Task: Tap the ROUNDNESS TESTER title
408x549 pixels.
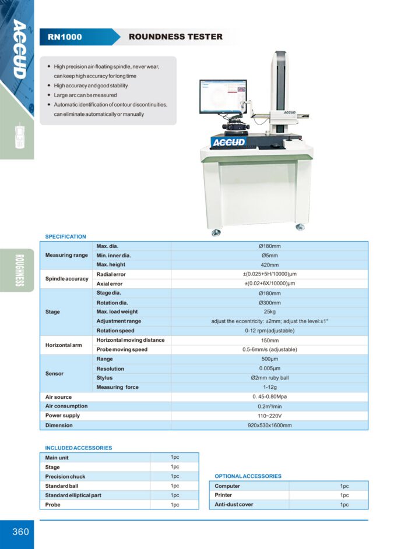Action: (x=175, y=37)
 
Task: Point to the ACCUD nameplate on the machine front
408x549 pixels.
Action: (x=229, y=142)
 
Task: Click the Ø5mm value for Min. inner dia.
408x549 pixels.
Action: (x=269, y=256)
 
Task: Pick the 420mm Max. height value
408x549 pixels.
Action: (x=269, y=265)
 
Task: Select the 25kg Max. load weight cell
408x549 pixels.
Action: (x=269, y=312)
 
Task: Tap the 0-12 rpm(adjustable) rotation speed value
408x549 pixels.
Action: (x=269, y=331)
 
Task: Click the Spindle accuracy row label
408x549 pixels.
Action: (x=67, y=279)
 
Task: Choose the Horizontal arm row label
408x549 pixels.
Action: (x=64, y=345)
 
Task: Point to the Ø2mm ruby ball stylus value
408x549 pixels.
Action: (x=269, y=378)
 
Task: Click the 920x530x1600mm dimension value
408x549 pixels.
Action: (x=269, y=425)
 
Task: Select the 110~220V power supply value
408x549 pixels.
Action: (x=269, y=416)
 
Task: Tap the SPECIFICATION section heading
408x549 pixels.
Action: (x=65, y=237)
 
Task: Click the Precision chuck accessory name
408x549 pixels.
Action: (x=65, y=476)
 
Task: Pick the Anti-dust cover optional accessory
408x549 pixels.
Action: (x=234, y=505)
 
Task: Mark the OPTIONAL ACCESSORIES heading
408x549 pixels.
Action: (x=248, y=476)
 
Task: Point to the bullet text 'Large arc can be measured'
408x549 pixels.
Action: (x=85, y=95)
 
